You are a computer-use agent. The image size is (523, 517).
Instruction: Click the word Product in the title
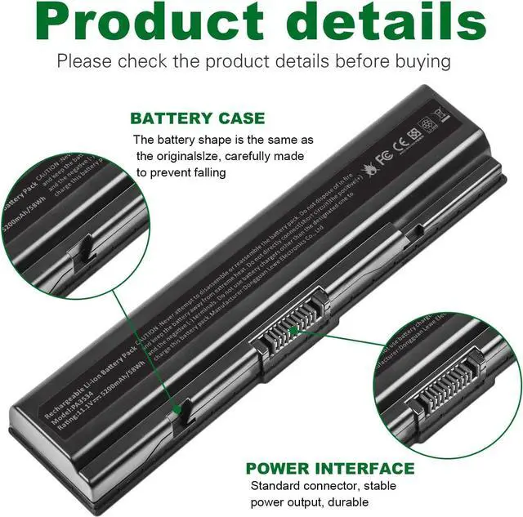[x=147, y=25]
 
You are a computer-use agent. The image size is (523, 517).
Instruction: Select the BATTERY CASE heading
[x=197, y=118]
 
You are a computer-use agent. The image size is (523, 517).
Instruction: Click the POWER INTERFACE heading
[x=330, y=469]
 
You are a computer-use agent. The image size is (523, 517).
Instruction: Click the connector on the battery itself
[x=293, y=331]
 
